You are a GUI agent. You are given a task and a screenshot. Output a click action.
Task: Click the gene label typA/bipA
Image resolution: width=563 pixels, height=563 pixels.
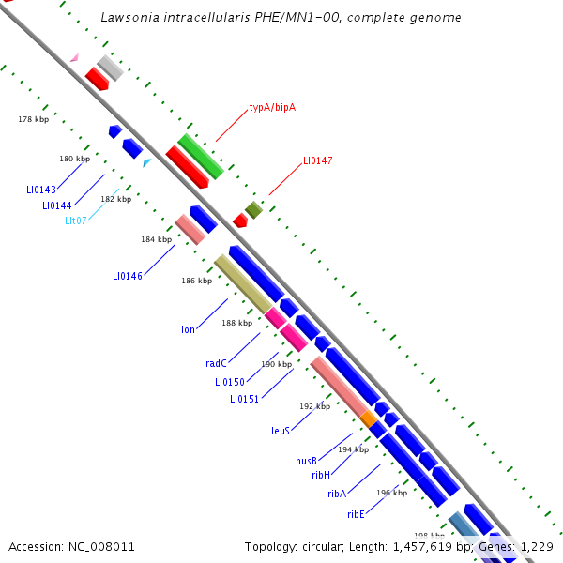[x=272, y=107]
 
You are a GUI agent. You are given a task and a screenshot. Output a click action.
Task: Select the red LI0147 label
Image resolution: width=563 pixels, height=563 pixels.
[x=317, y=160]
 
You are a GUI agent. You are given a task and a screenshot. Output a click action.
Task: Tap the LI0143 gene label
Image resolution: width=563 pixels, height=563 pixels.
[x=41, y=190]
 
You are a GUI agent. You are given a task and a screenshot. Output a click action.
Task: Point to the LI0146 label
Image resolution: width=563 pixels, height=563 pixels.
[x=128, y=276]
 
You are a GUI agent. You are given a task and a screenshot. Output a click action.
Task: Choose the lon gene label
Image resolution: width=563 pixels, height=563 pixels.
[x=188, y=329]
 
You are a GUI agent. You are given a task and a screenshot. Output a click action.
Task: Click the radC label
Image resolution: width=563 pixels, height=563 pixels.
[x=217, y=363]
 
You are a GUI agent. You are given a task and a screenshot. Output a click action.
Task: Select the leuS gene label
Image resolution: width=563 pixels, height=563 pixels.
[x=280, y=431]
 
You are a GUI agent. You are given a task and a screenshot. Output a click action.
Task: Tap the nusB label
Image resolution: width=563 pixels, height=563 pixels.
[x=306, y=461]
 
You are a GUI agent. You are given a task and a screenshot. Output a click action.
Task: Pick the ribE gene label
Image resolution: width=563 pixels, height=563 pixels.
[x=355, y=514]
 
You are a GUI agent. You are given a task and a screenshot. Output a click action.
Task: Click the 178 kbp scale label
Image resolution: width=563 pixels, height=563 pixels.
[x=33, y=119]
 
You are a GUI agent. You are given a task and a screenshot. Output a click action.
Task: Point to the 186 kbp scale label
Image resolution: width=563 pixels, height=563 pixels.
[x=196, y=281]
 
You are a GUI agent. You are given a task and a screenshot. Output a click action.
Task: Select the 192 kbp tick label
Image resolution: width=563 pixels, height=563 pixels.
[x=315, y=406]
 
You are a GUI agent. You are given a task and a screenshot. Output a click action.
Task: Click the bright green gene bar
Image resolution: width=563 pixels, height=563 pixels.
[x=201, y=156]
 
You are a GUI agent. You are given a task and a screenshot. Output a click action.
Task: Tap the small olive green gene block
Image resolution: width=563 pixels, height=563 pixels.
[x=253, y=209]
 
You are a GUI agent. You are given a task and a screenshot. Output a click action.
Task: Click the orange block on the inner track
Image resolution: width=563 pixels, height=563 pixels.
[x=369, y=418]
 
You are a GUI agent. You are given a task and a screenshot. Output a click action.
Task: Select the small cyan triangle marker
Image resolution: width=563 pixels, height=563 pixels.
[x=146, y=162]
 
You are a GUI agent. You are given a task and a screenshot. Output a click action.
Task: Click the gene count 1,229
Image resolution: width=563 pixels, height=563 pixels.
[x=536, y=546]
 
